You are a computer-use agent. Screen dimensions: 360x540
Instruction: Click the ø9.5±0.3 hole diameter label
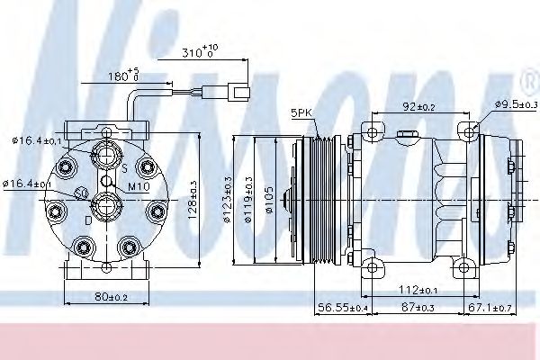tap(516, 104)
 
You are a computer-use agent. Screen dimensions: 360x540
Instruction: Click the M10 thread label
tap(138, 186)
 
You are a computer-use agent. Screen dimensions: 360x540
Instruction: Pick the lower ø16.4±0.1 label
tap(26, 184)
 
